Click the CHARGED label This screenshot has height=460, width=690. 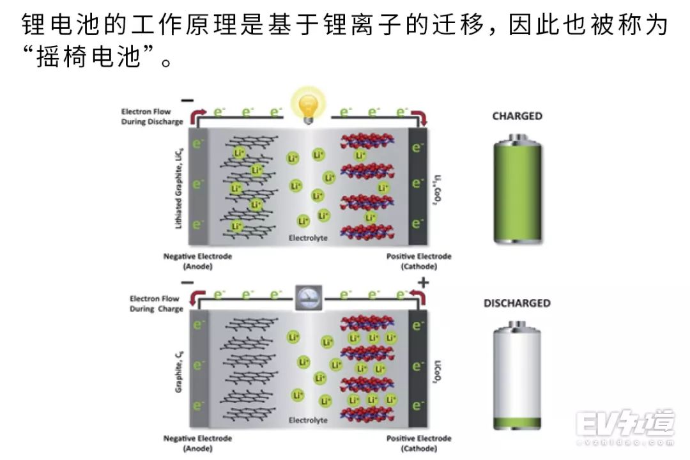pyautogui.click(x=517, y=116)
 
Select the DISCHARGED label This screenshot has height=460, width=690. pyautogui.click(x=517, y=303)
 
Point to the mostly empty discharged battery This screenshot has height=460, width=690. pyautogui.click(x=517, y=377)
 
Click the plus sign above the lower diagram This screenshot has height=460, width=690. pyautogui.click(x=423, y=282)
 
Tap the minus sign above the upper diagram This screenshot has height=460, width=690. pyautogui.click(x=187, y=100)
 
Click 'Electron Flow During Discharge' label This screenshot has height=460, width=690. pyautogui.click(x=152, y=116)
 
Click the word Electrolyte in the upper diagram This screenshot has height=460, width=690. pyautogui.click(x=308, y=238)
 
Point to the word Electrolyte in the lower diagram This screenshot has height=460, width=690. pyautogui.click(x=308, y=420)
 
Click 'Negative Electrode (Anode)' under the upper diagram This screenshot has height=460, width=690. pyautogui.click(x=197, y=261)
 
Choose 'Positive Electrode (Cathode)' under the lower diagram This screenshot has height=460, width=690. pyautogui.click(x=418, y=443)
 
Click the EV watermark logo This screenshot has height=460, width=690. pyautogui.click(x=625, y=424)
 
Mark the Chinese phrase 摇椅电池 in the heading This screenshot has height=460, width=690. pyautogui.click(x=89, y=57)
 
